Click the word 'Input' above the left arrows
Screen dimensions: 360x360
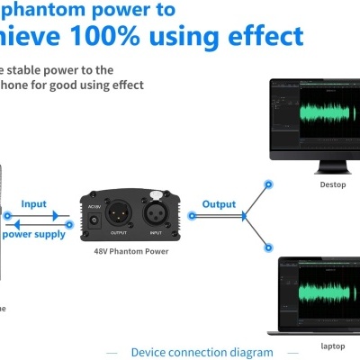[x=33, y=204]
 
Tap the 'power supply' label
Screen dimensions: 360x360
[x=33, y=234]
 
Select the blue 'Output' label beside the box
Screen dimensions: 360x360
[x=219, y=204]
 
